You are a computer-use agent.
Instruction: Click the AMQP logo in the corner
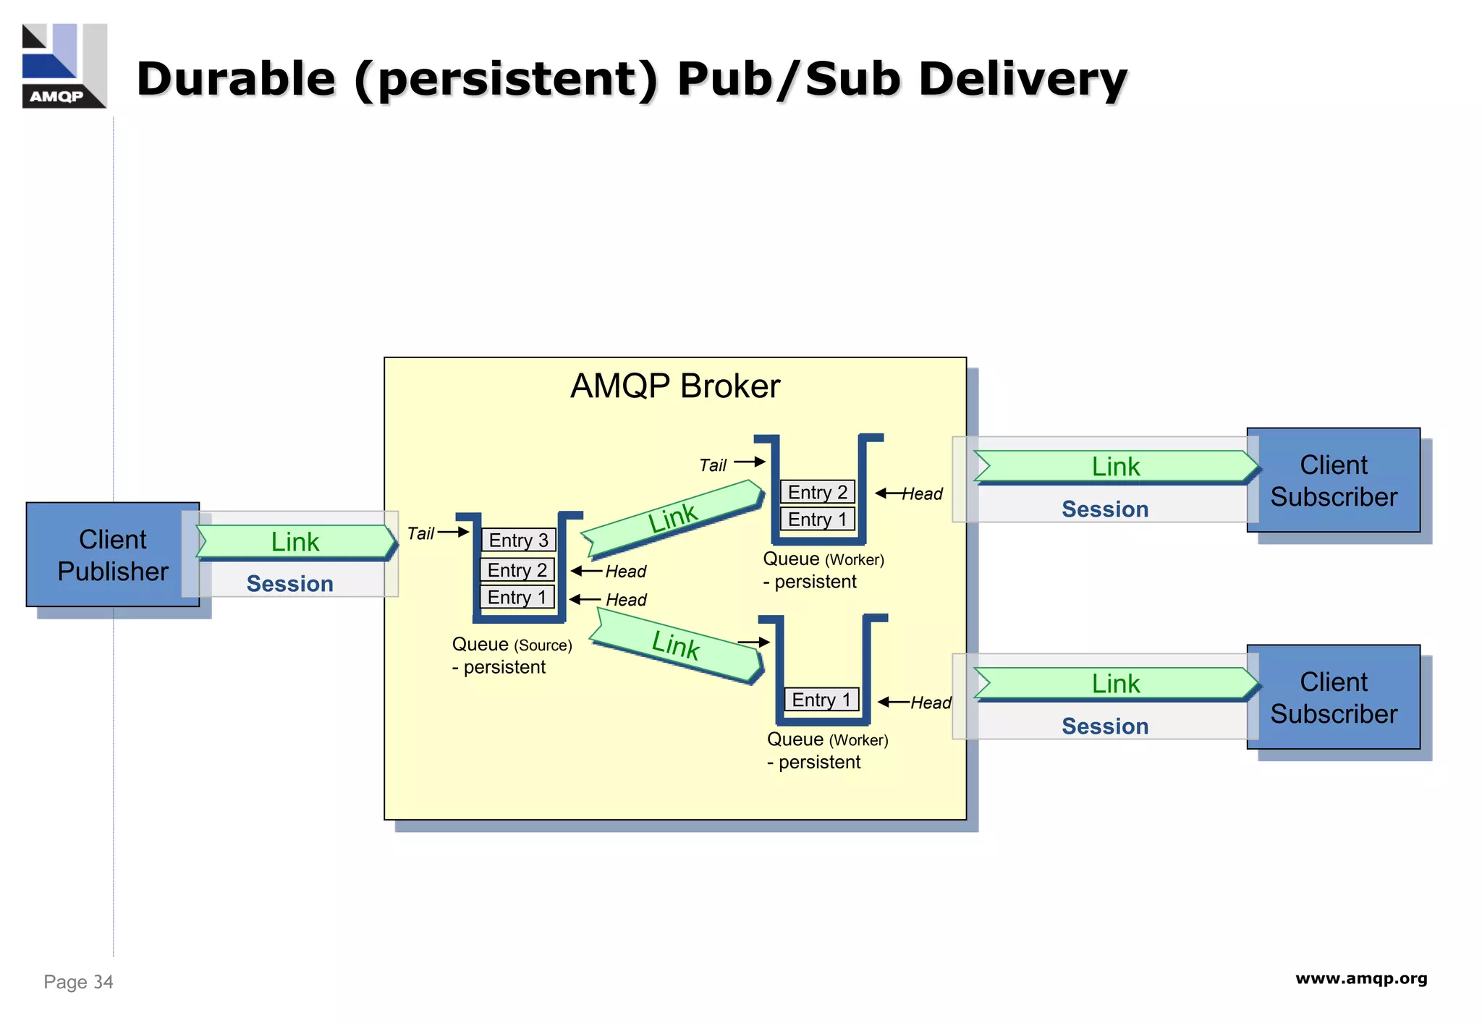(64, 66)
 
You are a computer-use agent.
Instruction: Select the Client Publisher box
(112, 555)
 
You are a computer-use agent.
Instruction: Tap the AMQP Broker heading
(674, 386)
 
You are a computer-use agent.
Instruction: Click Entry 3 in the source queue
(518, 540)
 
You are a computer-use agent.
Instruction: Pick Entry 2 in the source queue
(517, 570)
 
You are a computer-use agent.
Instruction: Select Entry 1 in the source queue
(517, 598)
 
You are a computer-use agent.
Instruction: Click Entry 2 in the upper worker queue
(817, 492)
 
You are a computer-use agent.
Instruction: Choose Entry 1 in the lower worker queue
(821, 700)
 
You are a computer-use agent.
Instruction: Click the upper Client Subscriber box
(1333, 480)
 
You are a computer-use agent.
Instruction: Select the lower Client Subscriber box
(1333, 698)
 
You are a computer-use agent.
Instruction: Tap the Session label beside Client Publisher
(289, 584)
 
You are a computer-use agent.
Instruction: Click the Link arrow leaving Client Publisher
(295, 542)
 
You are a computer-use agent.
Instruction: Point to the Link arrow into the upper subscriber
(1115, 467)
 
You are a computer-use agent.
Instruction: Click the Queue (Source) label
(512, 645)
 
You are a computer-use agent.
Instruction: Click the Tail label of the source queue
(420, 534)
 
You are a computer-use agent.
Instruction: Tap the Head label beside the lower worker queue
(931, 703)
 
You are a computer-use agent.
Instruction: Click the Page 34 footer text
(78, 982)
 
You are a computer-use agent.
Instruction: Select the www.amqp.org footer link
(1360, 979)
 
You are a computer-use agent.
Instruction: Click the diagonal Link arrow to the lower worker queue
(675, 645)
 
